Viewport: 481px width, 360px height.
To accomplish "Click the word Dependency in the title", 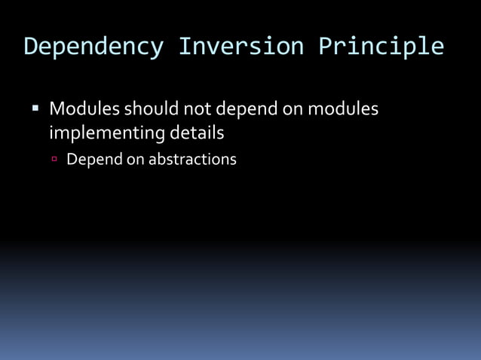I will [93, 47].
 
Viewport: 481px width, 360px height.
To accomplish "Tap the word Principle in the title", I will [380, 47].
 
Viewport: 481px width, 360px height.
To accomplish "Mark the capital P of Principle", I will [325, 46].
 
